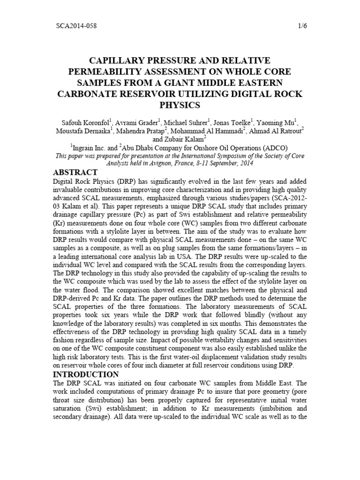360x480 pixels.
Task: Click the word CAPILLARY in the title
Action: [x=105, y=61]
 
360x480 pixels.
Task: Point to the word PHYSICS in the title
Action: [x=180, y=105]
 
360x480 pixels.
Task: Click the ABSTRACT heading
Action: [x=75, y=172]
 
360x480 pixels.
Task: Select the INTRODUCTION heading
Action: [x=86, y=375]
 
